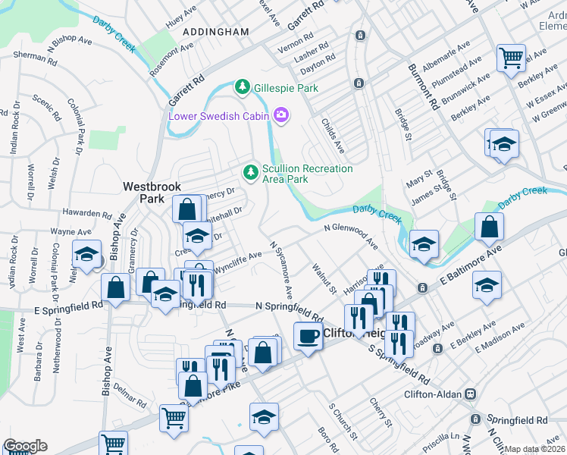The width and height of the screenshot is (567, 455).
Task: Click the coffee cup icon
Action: [307, 335]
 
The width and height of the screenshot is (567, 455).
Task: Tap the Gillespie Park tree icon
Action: [243, 87]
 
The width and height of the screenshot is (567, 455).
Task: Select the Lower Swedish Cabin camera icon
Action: [282, 115]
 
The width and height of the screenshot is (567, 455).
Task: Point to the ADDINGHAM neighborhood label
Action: [216, 32]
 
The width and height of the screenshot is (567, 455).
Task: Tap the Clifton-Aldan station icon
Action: [471, 394]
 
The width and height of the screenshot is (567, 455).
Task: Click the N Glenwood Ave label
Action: [349, 234]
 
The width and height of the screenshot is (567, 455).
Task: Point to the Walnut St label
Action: [324, 278]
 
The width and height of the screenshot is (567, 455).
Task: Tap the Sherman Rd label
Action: [30, 56]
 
